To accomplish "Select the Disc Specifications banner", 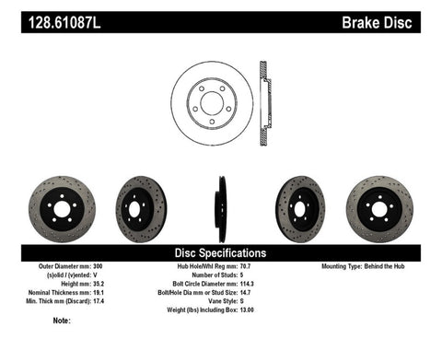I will (221, 252).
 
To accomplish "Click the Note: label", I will (62, 321).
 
